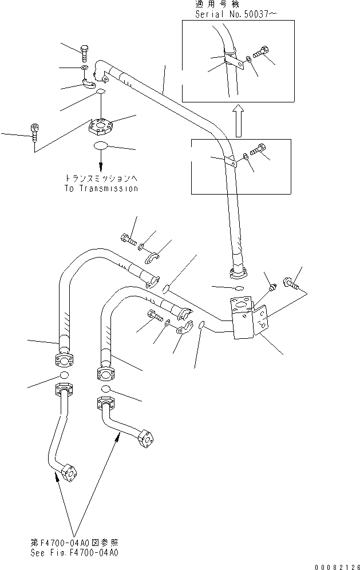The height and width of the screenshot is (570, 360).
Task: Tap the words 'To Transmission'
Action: [102, 188]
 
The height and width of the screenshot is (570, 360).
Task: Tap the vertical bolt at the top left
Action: [85, 52]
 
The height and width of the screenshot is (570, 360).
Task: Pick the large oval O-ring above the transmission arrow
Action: [101, 145]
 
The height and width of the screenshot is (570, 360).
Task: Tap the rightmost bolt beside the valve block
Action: [290, 283]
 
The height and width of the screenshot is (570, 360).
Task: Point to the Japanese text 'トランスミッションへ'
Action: [102, 179]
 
